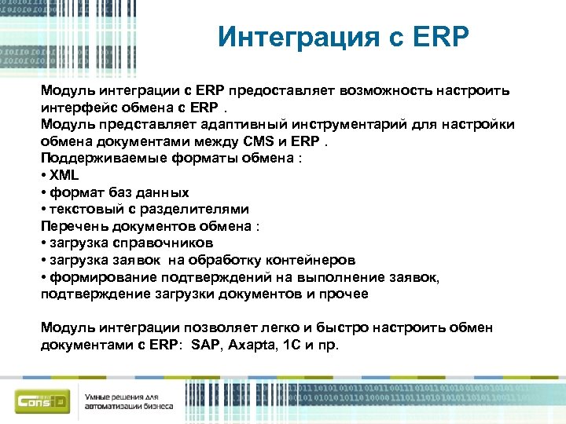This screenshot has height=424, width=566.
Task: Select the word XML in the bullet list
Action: point(64,175)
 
